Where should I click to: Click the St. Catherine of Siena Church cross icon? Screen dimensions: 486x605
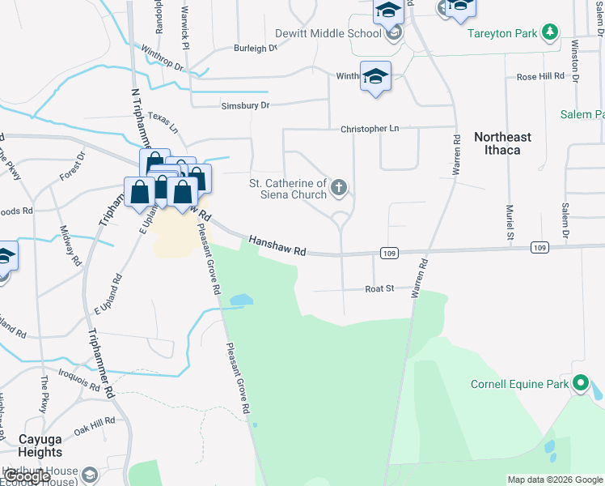340,189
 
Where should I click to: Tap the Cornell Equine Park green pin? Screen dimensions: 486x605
580,383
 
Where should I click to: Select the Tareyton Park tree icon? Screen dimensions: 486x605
550,32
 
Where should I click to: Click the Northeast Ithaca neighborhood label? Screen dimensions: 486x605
502,143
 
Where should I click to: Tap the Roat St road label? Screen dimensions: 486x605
379,288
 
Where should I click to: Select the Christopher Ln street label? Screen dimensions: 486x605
370,128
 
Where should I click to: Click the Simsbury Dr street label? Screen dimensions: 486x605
245,105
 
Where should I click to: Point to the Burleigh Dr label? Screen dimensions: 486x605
255,48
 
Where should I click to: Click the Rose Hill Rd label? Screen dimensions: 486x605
540,76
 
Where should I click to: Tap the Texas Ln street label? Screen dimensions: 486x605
162,122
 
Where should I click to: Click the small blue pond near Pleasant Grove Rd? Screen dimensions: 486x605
241,300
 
